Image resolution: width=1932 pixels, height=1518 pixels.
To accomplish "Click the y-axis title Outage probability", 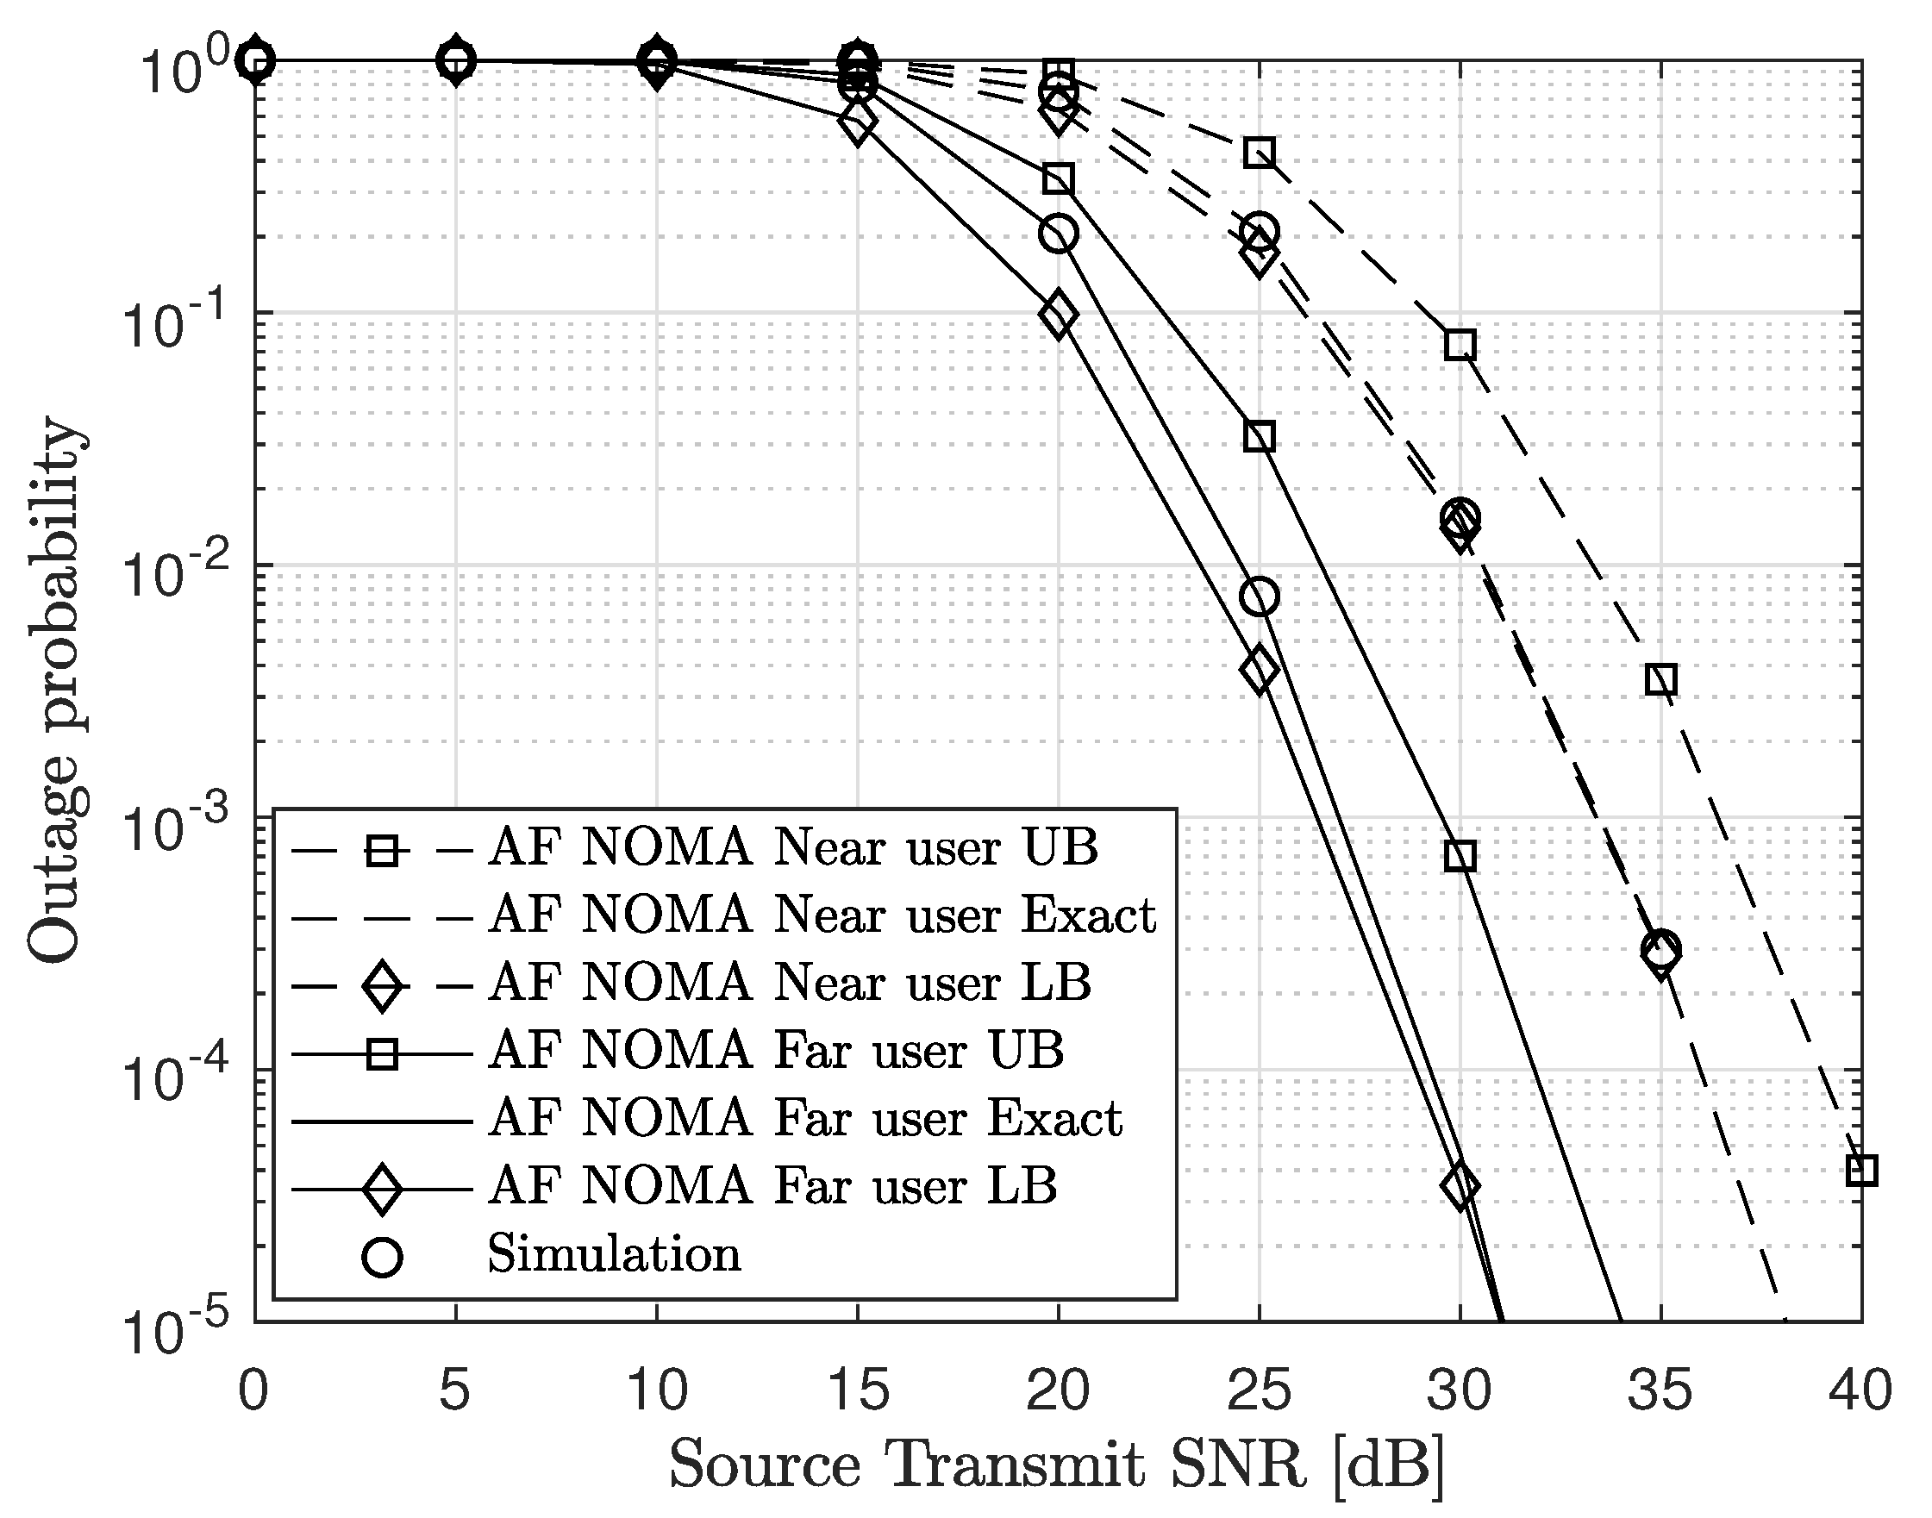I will point(55,691).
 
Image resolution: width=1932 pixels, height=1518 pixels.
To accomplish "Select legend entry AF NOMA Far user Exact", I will point(805,1118).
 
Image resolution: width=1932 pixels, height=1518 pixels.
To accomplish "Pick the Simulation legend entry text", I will point(613,1254).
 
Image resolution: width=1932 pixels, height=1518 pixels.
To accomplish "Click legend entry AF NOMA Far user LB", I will point(773,1185).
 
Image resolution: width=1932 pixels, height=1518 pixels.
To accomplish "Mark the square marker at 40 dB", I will point(1861,1171).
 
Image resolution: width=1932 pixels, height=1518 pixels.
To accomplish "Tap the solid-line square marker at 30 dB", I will point(1460,856).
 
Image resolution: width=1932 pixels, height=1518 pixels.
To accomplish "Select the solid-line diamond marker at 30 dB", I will point(1460,1185).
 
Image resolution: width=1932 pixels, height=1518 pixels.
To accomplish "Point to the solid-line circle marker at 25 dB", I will point(1260,597).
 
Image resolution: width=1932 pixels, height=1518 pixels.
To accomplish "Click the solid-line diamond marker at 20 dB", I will point(1058,315).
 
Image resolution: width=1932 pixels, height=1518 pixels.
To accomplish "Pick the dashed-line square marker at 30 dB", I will point(1460,345).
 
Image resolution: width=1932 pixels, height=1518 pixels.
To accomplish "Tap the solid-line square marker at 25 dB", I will point(1260,436).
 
